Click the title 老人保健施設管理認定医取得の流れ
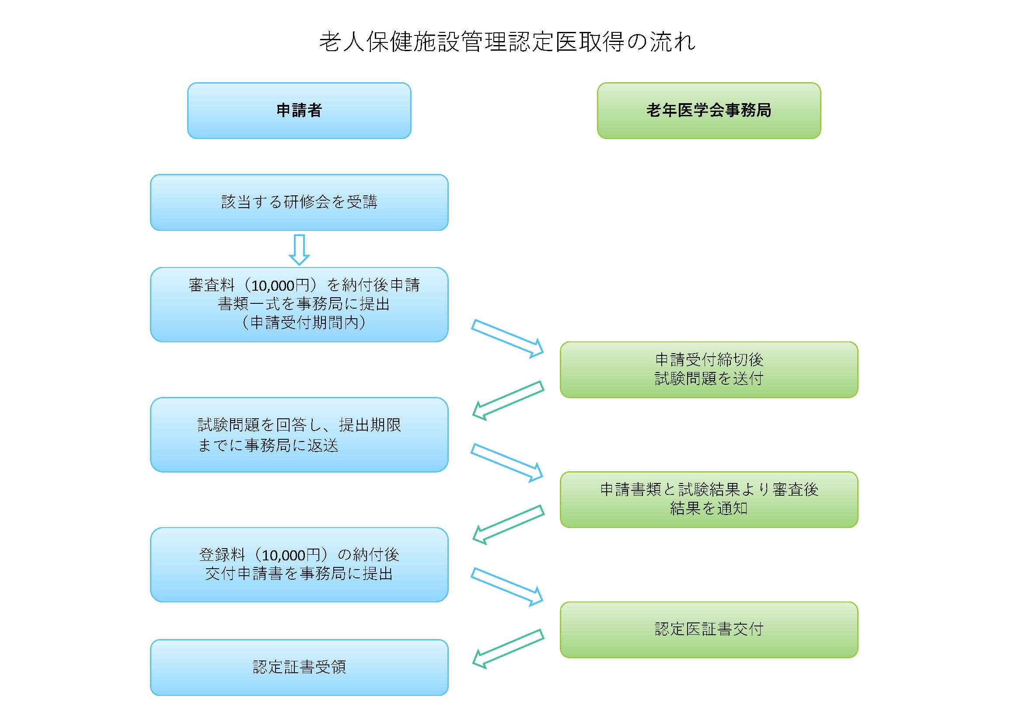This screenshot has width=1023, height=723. click(507, 42)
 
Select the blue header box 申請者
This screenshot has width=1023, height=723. click(299, 111)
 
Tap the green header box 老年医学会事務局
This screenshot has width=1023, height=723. click(709, 111)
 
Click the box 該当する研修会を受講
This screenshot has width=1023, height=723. click(299, 202)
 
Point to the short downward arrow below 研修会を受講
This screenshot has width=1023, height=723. click(299, 250)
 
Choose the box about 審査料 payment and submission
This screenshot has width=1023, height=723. click(299, 305)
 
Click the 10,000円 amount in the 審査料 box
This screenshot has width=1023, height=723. click(280, 285)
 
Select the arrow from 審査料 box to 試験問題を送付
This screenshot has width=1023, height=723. click(507, 339)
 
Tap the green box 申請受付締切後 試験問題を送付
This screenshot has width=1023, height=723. click(709, 369)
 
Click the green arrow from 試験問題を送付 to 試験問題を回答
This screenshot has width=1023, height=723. click(508, 401)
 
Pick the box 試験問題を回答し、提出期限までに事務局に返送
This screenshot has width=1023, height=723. click(299, 434)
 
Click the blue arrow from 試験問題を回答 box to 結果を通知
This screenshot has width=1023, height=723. click(507, 463)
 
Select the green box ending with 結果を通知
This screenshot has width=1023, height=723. click(709, 500)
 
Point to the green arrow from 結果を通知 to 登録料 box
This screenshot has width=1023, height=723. click(508, 525)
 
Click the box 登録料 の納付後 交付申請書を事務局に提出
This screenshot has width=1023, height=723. click(299, 564)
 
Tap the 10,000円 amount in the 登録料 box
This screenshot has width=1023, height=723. click(290, 555)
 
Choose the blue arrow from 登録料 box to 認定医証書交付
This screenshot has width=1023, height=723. click(507, 587)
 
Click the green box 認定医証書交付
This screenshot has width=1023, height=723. click(709, 629)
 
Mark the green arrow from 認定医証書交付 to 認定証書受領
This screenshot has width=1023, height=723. click(508, 649)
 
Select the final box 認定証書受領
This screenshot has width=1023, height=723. click(299, 667)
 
